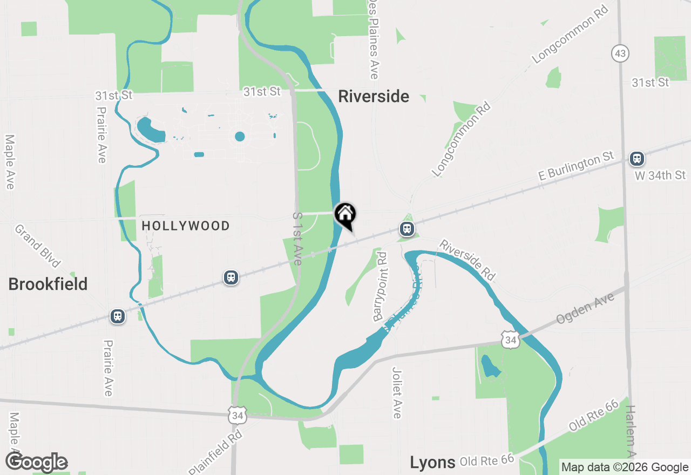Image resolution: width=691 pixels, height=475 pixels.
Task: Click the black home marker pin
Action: pyautogui.click(x=345, y=215)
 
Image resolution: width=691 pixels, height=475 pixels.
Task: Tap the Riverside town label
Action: pyautogui.click(x=374, y=97)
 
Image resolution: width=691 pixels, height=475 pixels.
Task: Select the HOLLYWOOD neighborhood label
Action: pyautogui.click(x=186, y=226)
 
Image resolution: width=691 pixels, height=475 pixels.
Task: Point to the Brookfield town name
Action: pyautogui.click(x=48, y=284)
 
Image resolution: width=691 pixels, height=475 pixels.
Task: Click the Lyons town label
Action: pyautogui.click(x=432, y=462)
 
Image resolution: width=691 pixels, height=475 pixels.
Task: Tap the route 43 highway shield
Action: pyautogui.click(x=621, y=53)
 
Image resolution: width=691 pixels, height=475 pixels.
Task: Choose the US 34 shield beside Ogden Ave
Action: pyautogui.click(x=510, y=340)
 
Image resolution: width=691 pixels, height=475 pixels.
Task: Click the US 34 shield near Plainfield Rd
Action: pyautogui.click(x=237, y=415)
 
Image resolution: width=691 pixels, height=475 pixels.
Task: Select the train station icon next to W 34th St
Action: pyautogui.click(x=637, y=159)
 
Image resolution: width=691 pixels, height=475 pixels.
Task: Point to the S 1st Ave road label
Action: pyautogui.click(x=297, y=238)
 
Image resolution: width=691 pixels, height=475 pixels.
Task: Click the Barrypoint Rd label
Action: pyautogui.click(x=381, y=287)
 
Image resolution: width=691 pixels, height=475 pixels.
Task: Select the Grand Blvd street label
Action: pyautogui.click(x=37, y=246)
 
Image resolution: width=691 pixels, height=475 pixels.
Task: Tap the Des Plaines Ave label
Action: pyautogui.click(x=374, y=39)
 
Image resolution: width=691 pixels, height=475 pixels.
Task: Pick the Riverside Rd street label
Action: pyautogui.click(x=467, y=260)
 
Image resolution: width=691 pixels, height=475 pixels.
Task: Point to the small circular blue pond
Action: pyautogui.click(x=240, y=137)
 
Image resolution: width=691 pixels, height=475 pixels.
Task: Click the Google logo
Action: pyautogui.click(x=37, y=463)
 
